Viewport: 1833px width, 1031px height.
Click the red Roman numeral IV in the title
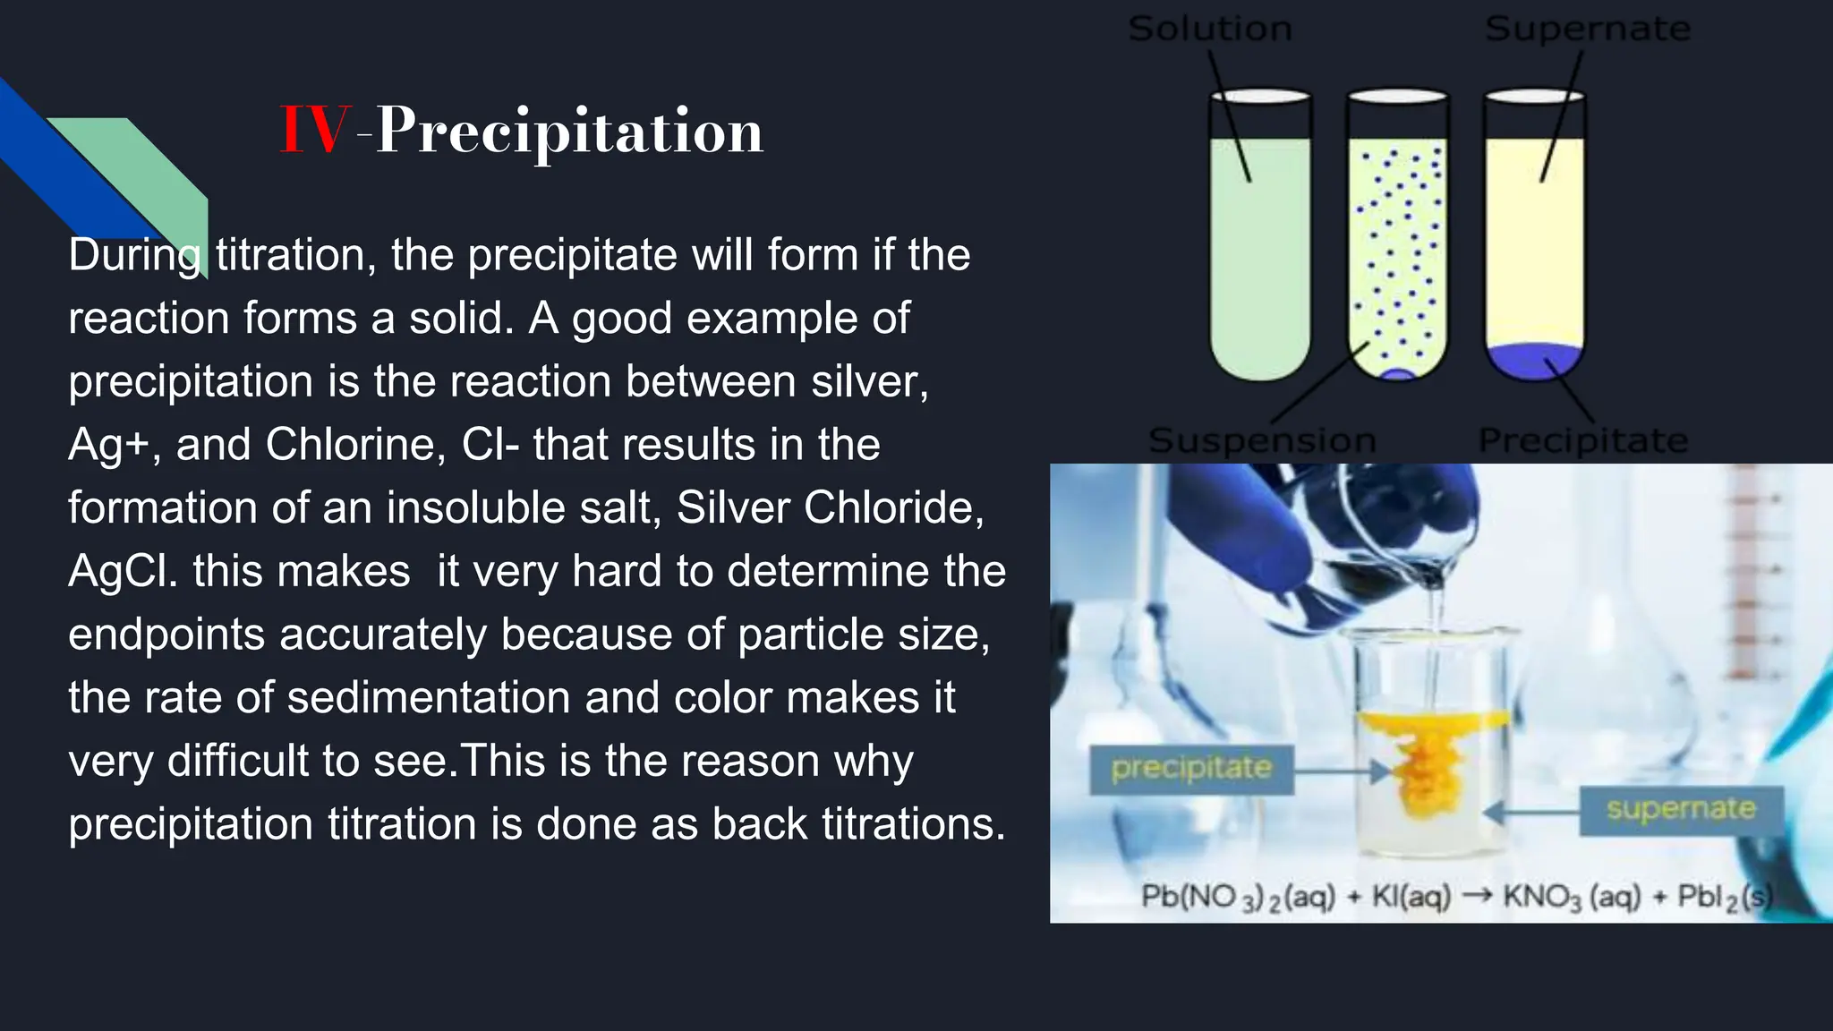pos(312,131)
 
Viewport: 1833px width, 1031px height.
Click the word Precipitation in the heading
pos(569,131)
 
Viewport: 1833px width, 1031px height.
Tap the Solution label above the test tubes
pos(1210,29)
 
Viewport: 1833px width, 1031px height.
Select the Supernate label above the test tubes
pos(1588,29)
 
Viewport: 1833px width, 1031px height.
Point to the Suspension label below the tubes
pos(1262,440)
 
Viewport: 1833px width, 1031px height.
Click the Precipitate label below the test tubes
pos(1582,440)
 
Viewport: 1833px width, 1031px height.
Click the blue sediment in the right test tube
pos(1534,361)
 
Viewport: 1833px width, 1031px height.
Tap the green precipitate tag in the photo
pos(1191,768)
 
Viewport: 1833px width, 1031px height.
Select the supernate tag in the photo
pos(1681,809)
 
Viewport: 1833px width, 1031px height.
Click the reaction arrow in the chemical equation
pos(1476,894)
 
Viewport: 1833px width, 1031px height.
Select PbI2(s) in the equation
pos(1725,896)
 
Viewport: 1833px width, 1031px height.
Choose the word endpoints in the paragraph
pos(166,635)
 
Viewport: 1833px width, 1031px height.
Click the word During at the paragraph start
pos(134,256)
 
